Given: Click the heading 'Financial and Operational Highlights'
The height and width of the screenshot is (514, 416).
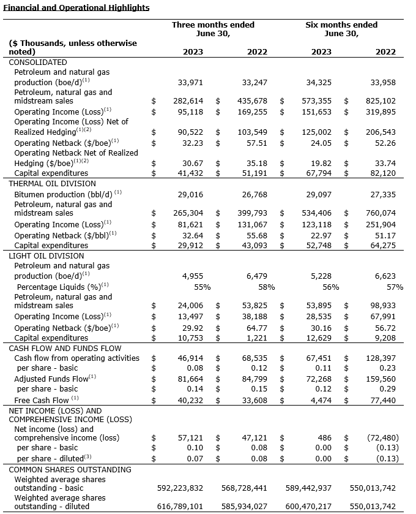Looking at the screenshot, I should tap(75, 8).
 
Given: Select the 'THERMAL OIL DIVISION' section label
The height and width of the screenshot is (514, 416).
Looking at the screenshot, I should tap(52, 183).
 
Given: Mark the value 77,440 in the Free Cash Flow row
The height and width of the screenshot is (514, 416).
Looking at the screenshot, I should tap(383, 400).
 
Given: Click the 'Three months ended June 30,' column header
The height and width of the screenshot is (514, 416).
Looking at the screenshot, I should tap(212, 29).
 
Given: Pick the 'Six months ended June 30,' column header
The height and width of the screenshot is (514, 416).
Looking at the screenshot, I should tap(341, 29).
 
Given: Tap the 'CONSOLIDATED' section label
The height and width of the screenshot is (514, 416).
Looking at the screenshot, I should tap(37, 62).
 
